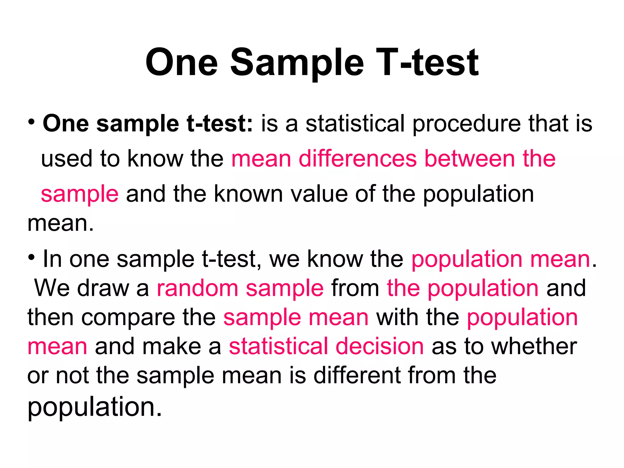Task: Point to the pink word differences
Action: [357, 159]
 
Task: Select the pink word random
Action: [197, 288]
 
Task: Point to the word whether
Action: [534, 347]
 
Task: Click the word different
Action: [357, 375]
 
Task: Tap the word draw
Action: [103, 288]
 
